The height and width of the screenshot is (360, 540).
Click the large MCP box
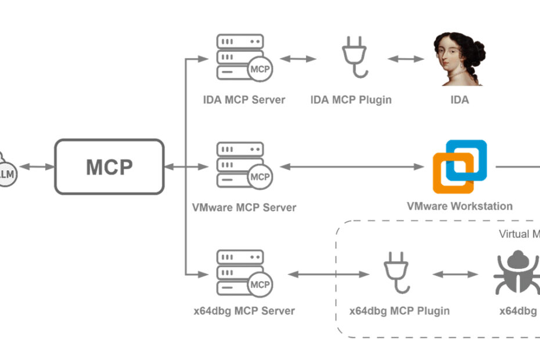click(x=109, y=167)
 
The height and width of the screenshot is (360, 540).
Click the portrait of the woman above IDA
click(x=459, y=59)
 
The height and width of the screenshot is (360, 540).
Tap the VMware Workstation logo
click(x=459, y=167)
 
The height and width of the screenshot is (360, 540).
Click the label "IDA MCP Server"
click(x=244, y=100)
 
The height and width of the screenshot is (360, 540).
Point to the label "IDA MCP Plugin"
click(x=351, y=100)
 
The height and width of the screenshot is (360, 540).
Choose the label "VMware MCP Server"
click(x=244, y=207)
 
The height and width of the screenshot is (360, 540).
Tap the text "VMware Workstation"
click(x=459, y=206)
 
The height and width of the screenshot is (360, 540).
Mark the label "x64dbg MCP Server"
click(x=244, y=311)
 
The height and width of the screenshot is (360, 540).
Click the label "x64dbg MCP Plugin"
click(x=399, y=311)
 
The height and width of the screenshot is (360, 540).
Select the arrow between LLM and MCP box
click(x=36, y=167)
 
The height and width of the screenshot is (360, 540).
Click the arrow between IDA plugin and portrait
click(x=406, y=59)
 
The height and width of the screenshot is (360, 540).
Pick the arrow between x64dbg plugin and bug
click(x=454, y=274)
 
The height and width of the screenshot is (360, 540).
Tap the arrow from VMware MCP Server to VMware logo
click(x=352, y=167)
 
